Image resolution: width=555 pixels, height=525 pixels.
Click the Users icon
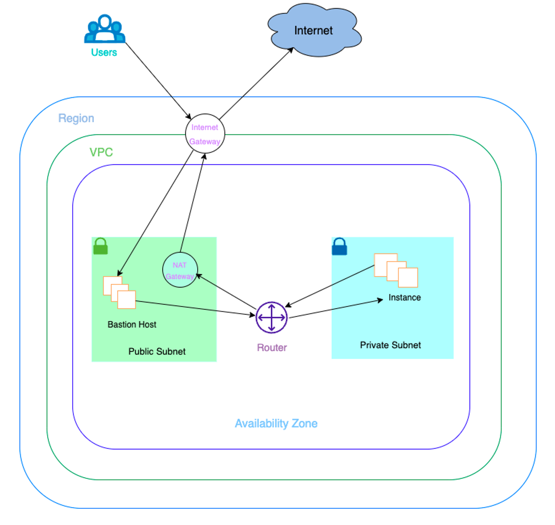(105, 29)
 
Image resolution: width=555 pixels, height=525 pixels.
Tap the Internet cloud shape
(314, 30)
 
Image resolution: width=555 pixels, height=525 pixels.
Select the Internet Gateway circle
(205, 133)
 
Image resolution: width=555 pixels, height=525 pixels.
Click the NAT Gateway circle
(180, 270)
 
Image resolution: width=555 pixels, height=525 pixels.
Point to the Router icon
(272, 317)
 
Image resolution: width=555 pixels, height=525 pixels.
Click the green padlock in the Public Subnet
(101, 246)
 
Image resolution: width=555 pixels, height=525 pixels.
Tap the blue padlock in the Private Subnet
(339, 246)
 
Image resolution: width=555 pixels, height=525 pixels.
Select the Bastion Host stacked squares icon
(119, 293)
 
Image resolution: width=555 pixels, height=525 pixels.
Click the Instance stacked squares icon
(396, 270)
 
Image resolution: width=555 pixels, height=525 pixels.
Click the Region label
(76, 118)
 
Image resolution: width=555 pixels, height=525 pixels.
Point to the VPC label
(101, 152)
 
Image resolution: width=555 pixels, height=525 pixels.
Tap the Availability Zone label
(276, 424)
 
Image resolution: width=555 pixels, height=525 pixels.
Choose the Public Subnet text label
(157, 352)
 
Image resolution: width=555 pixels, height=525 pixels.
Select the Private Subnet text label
(391, 345)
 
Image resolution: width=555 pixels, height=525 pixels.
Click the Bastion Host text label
(132, 325)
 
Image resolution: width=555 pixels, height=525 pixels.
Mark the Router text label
(272, 348)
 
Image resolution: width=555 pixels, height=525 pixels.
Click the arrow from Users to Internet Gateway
(158, 81)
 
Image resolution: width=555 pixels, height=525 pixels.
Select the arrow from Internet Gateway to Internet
(256, 83)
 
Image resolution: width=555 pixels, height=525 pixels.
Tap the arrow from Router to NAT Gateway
(226, 291)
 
